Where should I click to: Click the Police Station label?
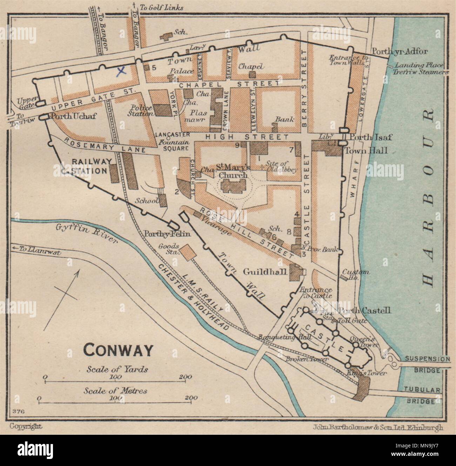point(141,110)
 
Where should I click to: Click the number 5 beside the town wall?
point(154,68)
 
